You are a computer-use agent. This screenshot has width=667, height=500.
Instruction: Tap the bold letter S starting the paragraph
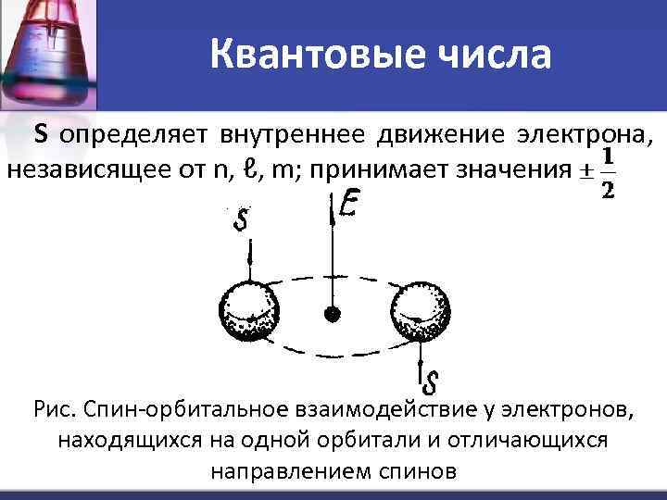(42, 135)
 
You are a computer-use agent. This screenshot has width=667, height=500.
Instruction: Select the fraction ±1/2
(597, 172)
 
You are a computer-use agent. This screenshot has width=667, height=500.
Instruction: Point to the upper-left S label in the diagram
(242, 221)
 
